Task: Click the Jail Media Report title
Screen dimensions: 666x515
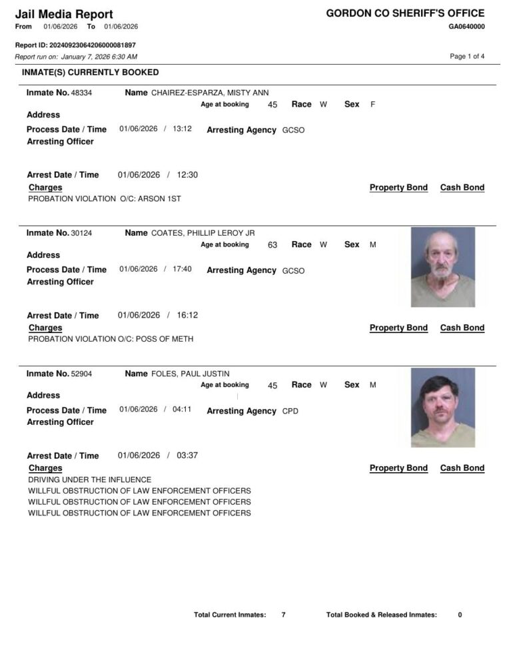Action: pyautogui.click(x=64, y=14)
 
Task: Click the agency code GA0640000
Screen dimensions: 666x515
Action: pyautogui.click(x=466, y=27)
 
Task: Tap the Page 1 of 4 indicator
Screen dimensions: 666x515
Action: pyautogui.click(x=467, y=57)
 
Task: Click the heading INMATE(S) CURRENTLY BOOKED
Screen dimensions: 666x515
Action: pyautogui.click(x=91, y=72)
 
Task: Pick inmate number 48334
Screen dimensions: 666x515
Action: pyautogui.click(x=81, y=93)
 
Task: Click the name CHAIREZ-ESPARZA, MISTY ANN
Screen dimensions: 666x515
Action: pyautogui.click(x=210, y=93)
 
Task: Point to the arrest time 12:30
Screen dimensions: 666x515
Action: pyautogui.click(x=187, y=175)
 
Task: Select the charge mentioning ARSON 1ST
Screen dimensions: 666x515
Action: pyautogui.click(x=105, y=198)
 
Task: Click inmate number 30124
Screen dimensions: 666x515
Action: pyautogui.click(x=81, y=233)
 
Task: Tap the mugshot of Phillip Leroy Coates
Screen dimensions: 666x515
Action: pyautogui.click(x=443, y=266)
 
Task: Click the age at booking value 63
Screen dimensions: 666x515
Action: pyautogui.click(x=272, y=245)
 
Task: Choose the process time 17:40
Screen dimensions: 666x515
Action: pyautogui.click(x=182, y=269)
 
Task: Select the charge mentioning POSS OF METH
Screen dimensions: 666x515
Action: pyautogui.click(x=111, y=339)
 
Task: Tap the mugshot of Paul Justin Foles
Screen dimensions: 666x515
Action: pyautogui.click(x=443, y=407)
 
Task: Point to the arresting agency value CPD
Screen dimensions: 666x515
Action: pyautogui.click(x=290, y=412)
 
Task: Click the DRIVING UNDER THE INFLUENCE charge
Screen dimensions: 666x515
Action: pyautogui.click(x=90, y=480)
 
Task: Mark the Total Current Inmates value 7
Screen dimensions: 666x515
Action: pyautogui.click(x=283, y=615)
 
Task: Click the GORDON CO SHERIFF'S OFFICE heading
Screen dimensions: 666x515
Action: pyautogui.click(x=405, y=13)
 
